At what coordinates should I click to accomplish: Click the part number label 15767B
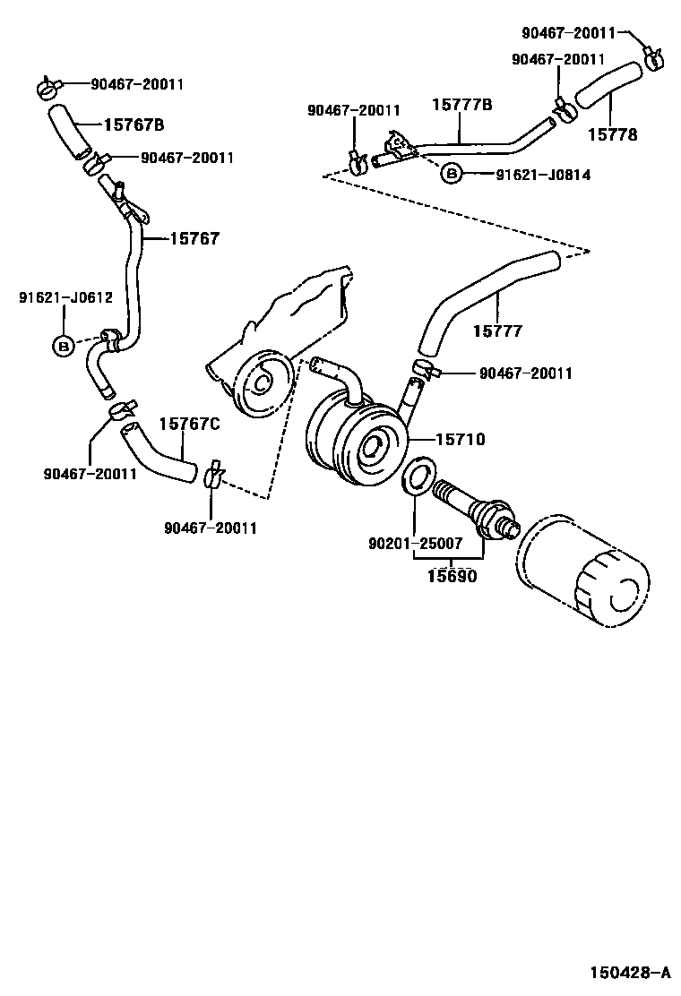[134, 124]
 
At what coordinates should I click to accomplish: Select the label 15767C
[189, 424]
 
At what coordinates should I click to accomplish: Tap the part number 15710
[460, 440]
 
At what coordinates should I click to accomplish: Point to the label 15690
[451, 576]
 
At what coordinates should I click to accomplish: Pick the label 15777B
[462, 105]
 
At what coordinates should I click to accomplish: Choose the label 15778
[613, 134]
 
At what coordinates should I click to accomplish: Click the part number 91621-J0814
[543, 175]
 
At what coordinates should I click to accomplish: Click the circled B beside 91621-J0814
[451, 174]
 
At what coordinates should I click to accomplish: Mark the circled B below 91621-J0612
[64, 345]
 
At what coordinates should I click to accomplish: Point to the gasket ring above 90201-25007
[418, 476]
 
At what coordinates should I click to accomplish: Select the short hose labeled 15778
[607, 87]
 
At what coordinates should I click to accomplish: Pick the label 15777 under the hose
[497, 331]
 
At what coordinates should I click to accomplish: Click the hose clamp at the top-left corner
[48, 87]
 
